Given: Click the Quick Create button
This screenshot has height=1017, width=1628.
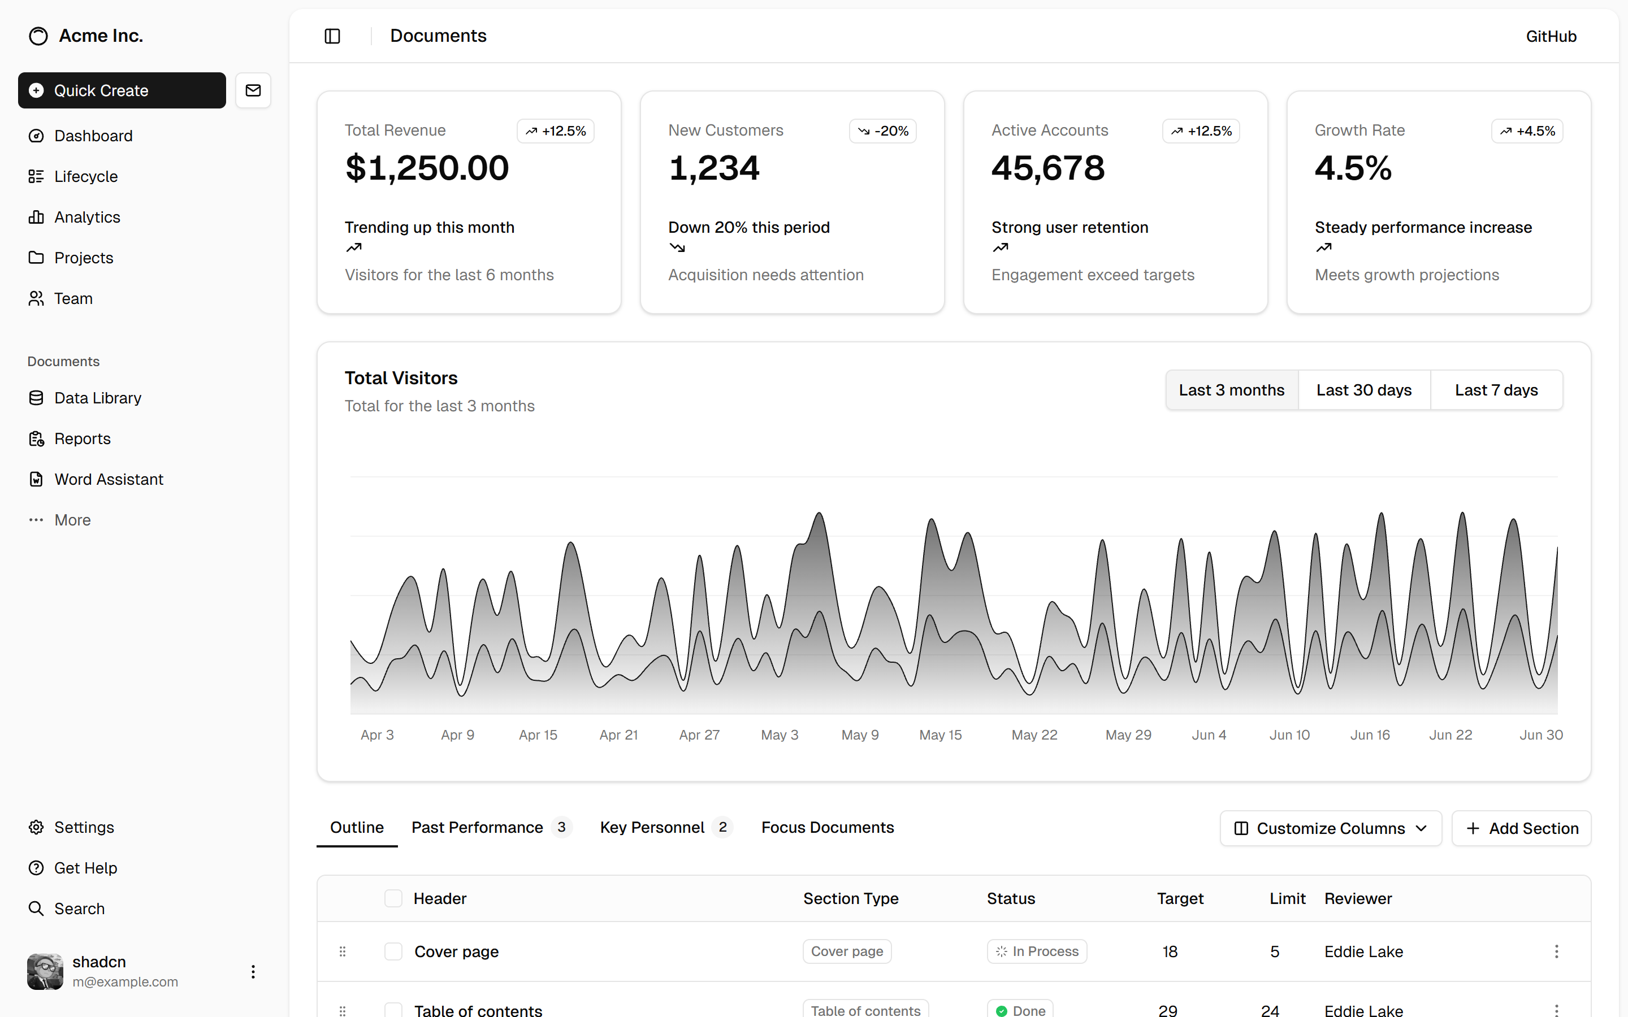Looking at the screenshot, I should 122,90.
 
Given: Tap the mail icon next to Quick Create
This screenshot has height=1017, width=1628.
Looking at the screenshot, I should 253,90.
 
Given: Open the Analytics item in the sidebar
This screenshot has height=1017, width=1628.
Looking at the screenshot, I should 87,218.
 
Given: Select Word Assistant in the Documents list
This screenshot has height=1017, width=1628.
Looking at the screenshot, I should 109,479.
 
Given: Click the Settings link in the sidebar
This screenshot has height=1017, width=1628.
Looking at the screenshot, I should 84,827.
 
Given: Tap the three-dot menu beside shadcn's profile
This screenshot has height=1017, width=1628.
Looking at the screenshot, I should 253,971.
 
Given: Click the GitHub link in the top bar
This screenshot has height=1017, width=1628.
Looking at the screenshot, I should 1551,36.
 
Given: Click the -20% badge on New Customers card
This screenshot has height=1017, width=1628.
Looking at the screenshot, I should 882,131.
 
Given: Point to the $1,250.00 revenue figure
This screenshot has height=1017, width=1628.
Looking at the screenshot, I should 427,168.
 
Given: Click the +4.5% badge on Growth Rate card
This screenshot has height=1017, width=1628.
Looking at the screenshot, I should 1526,131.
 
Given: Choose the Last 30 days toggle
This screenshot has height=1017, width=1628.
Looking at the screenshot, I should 1363,390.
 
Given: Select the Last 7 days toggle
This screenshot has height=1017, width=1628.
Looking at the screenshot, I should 1496,390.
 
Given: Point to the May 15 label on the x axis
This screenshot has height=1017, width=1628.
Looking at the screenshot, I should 940,734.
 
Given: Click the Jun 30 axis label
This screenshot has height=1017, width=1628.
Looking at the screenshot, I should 1540,734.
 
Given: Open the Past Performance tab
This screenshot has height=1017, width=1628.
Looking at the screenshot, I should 477,827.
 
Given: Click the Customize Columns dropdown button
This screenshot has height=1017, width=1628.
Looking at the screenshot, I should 1331,828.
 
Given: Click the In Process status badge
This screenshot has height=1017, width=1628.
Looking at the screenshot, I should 1037,951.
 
